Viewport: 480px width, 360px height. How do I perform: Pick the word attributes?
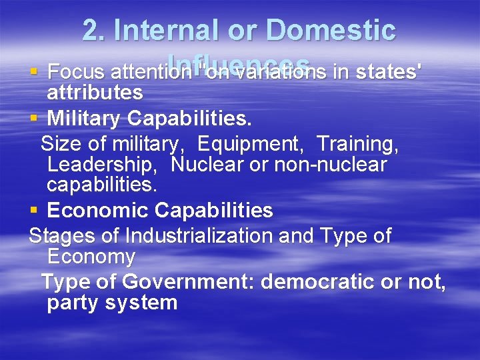click(x=95, y=93)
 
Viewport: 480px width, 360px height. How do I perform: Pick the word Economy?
click(x=91, y=257)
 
